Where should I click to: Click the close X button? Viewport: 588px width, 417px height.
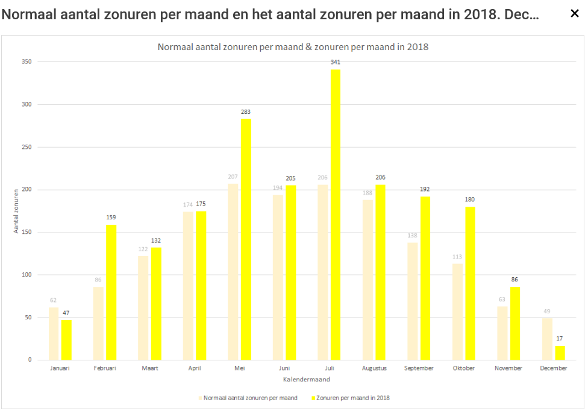[x=575, y=14]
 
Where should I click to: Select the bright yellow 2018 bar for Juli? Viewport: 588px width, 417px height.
[x=335, y=215]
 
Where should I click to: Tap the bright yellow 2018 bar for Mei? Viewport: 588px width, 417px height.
[x=246, y=239]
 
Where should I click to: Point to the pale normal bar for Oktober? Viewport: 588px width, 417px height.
[x=457, y=312]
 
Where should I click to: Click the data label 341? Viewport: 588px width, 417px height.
[x=335, y=62]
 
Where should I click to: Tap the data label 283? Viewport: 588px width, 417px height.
[x=246, y=111]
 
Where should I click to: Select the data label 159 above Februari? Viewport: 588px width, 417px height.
[x=111, y=218]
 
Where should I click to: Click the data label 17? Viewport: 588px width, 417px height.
[x=560, y=338]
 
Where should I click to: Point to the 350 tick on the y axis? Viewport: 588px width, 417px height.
[x=26, y=62]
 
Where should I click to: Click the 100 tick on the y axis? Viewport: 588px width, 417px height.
[x=26, y=275]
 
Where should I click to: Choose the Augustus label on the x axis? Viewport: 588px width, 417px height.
[x=374, y=368]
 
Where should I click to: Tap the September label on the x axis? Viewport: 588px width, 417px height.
[x=419, y=368]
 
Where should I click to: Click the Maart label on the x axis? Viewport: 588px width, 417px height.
[x=149, y=368]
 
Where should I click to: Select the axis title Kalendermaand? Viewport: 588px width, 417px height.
[x=306, y=380]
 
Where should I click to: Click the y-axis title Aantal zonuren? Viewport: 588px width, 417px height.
[x=16, y=210]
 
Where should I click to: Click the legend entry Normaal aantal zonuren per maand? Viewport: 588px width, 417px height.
[x=249, y=398]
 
